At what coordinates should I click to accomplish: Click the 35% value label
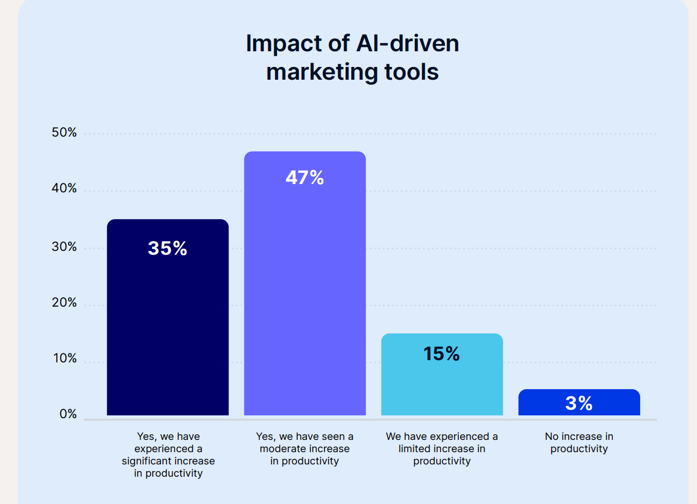(x=167, y=248)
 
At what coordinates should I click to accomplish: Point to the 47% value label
(x=304, y=177)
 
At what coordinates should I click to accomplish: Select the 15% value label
(x=442, y=353)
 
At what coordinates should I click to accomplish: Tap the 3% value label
(x=579, y=403)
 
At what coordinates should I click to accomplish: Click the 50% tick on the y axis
(x=65, y=133)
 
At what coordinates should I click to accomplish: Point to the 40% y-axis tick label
(x=65, y=188)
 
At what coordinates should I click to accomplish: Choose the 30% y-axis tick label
(x=65, y=246)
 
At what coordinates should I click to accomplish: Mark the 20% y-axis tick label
(x=65, y=303)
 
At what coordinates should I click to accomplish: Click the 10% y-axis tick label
(x=65, y=358)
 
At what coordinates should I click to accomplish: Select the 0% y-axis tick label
(x=68, y=414)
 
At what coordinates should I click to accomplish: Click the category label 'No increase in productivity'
(x=579, y=443)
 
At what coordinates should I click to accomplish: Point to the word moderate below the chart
(x=282, y=449)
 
